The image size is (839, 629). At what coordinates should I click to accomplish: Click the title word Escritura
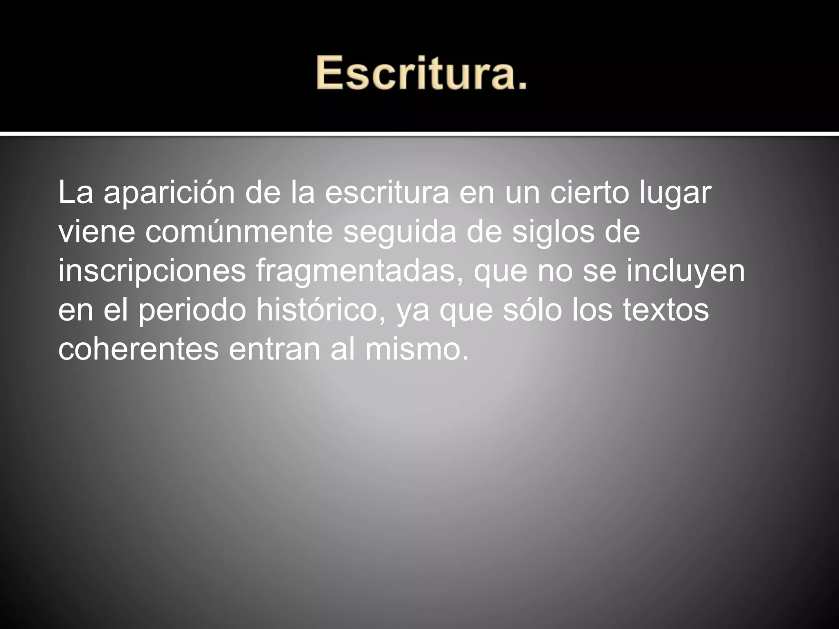point(421,74)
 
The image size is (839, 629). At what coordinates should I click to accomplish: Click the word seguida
point(399,233)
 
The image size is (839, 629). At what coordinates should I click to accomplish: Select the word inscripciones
point(152,271)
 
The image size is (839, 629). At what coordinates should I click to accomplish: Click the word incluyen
point(685,271)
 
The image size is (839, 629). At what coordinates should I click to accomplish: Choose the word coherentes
point(138,349)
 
